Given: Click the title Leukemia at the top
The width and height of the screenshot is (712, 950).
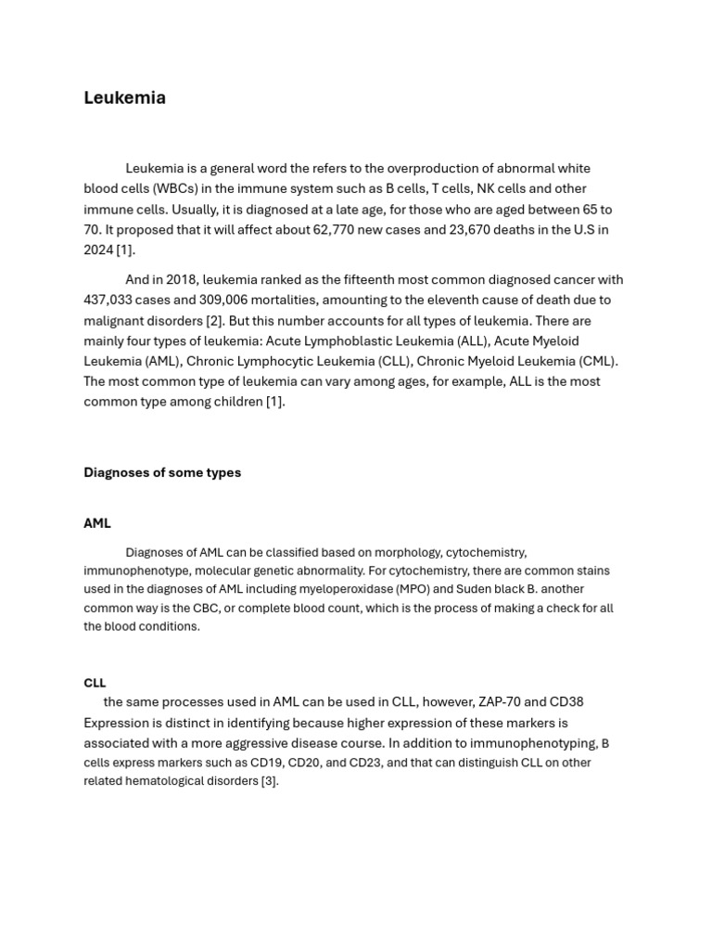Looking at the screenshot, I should pos(124,98).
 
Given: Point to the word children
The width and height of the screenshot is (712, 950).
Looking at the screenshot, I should pos(235,403).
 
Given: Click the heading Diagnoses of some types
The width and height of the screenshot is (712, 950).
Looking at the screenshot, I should pos(162,473).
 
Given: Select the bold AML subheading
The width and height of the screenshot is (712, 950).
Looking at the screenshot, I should pos(96,524).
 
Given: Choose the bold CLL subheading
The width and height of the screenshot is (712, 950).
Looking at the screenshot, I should pos(95,684).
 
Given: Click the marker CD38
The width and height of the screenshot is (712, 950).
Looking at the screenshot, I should pos(565,703).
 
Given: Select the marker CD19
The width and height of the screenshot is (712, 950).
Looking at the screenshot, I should pos(266,764).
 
